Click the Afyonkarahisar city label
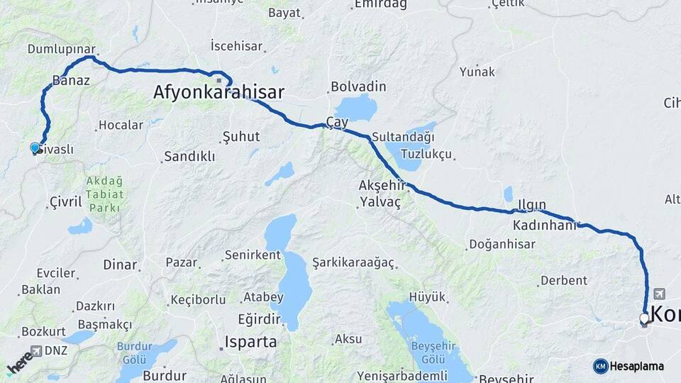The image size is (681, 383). [x=218, y=92]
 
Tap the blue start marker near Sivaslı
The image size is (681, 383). [x=35, y=148]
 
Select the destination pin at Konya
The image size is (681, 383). [x=644, y=319]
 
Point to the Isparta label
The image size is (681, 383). [x=250, y=341]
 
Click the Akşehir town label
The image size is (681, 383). [x=382, y=185]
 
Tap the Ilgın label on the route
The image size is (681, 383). [x=532, y=205]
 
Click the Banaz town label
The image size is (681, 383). [x=71, y=80]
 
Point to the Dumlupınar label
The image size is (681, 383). [x=61, y=49]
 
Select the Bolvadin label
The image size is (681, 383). [x=358, y=87]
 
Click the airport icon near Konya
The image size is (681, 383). [x=661, y=293]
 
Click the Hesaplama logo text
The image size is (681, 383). [x=636, y=366]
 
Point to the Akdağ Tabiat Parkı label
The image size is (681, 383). [x=104, y=194]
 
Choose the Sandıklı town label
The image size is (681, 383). [x=189, y=157]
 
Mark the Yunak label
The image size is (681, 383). [x=477, y=72]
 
